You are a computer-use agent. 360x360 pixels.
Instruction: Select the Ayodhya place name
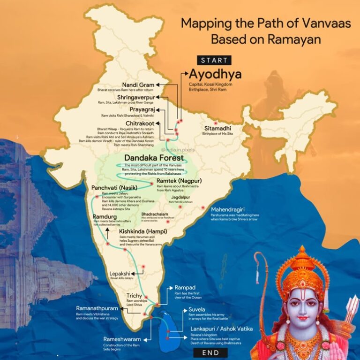[x=215, y=75]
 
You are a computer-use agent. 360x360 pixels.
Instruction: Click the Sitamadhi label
[x=217, y=128]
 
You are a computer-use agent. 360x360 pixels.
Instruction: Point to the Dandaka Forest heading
[x=154, y=158]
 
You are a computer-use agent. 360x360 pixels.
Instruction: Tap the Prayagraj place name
[x=139, y=109]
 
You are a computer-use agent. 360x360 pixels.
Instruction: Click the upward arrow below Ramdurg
[x=107, y=233]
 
